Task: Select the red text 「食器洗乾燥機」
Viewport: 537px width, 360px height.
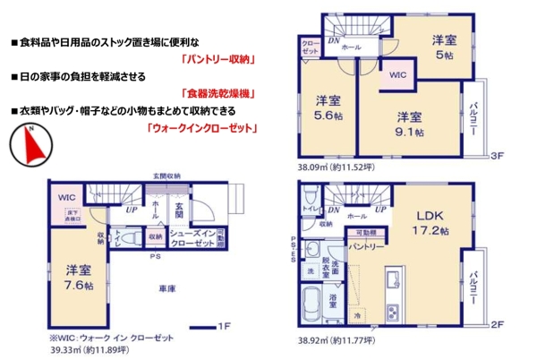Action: (219, 94)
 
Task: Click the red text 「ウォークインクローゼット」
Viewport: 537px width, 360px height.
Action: (201, 128)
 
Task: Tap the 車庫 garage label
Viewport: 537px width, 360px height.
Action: (166, 289)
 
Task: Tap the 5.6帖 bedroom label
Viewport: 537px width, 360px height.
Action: (326, 107)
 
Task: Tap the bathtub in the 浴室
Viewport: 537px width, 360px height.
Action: (315, 299)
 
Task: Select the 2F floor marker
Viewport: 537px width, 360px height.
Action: (494, 324)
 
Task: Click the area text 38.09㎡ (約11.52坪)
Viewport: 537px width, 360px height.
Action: (340, 167)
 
